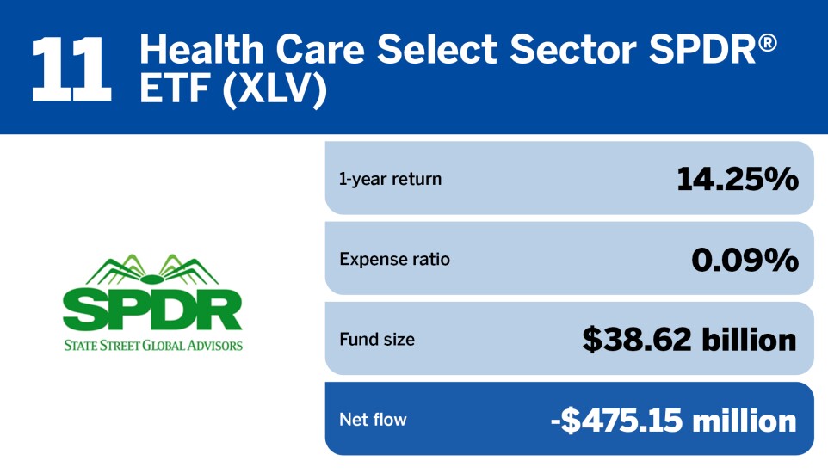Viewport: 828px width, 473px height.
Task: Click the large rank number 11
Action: point(71,69)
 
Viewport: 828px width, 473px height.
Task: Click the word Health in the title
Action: point(201,49)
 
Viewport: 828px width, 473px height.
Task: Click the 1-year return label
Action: point(390,179)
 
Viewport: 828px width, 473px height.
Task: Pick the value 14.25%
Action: point(737,178)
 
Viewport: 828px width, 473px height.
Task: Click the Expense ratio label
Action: point(394,259)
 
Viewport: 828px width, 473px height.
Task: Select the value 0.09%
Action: point(745,259)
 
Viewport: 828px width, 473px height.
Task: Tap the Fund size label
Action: point(377,340)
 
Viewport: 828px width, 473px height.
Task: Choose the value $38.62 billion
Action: point(689,340)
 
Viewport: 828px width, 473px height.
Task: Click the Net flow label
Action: point(373,420)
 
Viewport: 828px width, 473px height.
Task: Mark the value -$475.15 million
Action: point(674,421)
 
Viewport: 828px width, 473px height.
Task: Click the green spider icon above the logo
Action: point(152,270)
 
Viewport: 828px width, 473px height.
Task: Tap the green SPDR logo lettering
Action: point(152,310)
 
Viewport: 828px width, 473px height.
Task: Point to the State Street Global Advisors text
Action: point(153,345)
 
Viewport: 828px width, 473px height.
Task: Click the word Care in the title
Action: point(320,49)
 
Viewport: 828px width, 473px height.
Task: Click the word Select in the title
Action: point(437,49)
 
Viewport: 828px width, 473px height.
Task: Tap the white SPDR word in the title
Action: point(703,49)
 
